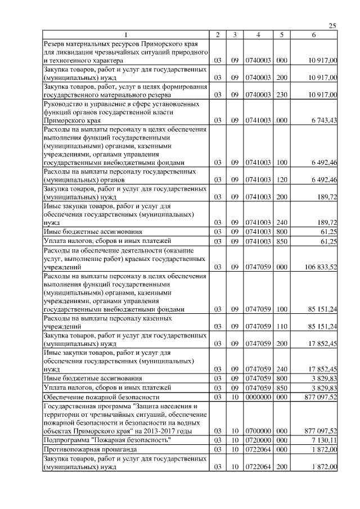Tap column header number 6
(x=314, y=35)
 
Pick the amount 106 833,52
(x=319, y=267)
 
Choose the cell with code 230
(x=282, y=96)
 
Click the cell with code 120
(x=282, y=179)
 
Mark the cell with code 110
(x=282, y=326)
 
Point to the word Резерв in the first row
(x=57, y=44)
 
